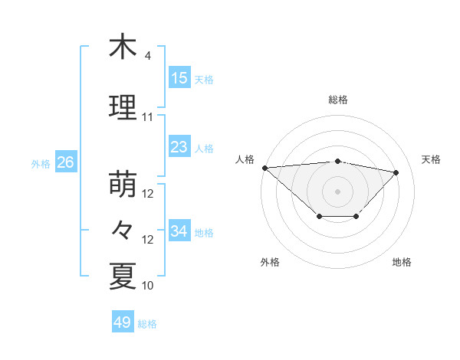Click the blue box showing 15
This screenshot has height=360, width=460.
[x=179, y=78]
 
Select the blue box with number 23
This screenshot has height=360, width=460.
[x=179, y=147]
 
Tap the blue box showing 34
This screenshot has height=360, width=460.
[x=179, y=231]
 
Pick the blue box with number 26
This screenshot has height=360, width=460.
[x=66, y=162]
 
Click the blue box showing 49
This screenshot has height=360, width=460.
[x=123, y=322]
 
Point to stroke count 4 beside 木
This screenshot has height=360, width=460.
[x=148, y=56]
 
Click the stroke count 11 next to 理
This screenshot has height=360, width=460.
[x=148, y=117]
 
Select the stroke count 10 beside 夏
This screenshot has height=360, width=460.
[x=148, y=286]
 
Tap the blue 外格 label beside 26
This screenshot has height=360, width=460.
[x=41, y=163]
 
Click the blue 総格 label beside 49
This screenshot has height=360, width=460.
[x=147, y=324]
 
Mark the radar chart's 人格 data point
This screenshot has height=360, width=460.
[x=264, y=168]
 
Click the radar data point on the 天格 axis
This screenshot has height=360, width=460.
[x=396, y=172]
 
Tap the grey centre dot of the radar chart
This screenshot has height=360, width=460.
[x=337, y=191]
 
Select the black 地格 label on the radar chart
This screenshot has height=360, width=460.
[x=402, y=262]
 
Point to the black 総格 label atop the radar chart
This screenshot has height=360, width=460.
[x=337, y=100]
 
